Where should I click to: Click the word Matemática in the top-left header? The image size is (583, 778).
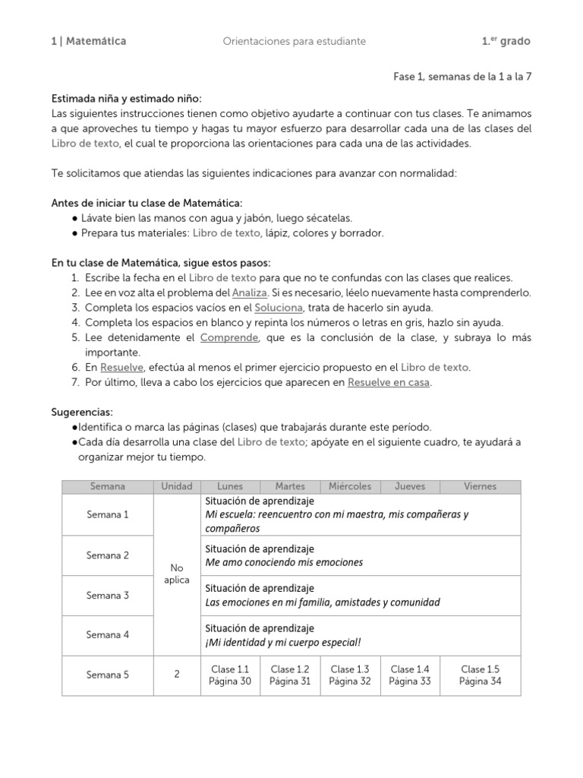coord(96,41)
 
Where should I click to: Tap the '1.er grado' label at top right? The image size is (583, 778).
coord(506,41)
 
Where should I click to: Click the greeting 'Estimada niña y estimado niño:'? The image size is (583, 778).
coord(127,98)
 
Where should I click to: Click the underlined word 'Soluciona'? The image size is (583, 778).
coord(279,307)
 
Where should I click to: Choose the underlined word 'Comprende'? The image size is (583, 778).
coord(230,337)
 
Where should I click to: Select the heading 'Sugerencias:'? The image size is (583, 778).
coord(82,411)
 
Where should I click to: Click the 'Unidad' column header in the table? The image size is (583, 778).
coord(177,486)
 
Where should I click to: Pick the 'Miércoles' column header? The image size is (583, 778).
coord(350,486)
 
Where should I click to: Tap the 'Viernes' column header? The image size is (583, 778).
coord(480,486)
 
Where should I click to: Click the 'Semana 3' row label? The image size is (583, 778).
coord(108,596)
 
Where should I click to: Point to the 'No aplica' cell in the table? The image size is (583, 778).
coord(177,574)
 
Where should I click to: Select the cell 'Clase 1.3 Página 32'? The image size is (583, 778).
coord(350,675)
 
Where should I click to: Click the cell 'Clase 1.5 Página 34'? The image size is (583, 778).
coord(480,675)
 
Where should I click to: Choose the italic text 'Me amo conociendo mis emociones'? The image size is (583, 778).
coord(284,563)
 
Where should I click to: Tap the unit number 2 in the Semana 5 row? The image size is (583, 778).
coord(177,675)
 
